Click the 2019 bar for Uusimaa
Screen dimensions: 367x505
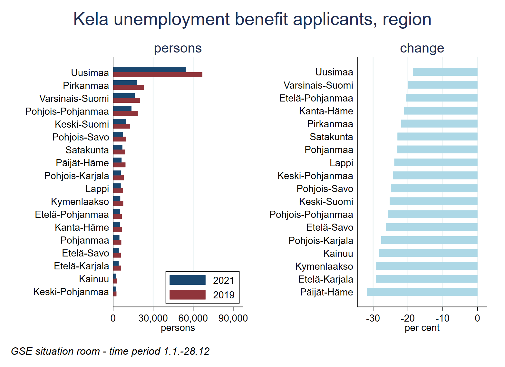pyautogui.click(x=158, y=75)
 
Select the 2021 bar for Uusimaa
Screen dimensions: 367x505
pyautogui.click(x=149, y=70)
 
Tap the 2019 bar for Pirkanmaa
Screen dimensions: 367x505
pyautogui.click(x=128, y=88)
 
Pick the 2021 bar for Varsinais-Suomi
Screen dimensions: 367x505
pyautogui.click(x=124, y=96)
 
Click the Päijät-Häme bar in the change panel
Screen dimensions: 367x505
pyautogui.click(x=422, y=292)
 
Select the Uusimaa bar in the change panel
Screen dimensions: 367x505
pyautogui.click(x=445, y=72)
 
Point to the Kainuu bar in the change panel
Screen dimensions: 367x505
pyautogui.click(x=428, y=253)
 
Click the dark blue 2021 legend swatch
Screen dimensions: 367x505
pyautogui.click(x=187, y=280)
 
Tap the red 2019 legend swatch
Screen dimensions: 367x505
pyautogui.click(x=187, y=295)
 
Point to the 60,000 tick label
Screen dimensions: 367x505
pyautogui.click(x=193, y=318)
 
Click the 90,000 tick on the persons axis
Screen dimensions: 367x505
pyautogui.click(x=233, y=318)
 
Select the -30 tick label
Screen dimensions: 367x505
pyautogui.click(x=373, y=318)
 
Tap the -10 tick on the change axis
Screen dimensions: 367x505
pyautogui.click(x=442, y=318)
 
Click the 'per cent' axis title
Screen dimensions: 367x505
pyautogui.click(x=422, y=328)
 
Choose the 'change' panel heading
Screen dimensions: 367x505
pyautogui.click(x=422, y=48)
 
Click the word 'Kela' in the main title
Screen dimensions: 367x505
pyautogui.click(x=91, y=19)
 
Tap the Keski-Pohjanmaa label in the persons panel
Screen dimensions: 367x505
pyautogui.click(x=71, y=292)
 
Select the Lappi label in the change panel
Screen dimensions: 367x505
pyautogui.click(x=341, y=163)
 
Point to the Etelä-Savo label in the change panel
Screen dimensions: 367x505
pyautogui.click(x=329, y=227)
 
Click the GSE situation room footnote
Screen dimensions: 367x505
pyautogui.click(x=110, y=351)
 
